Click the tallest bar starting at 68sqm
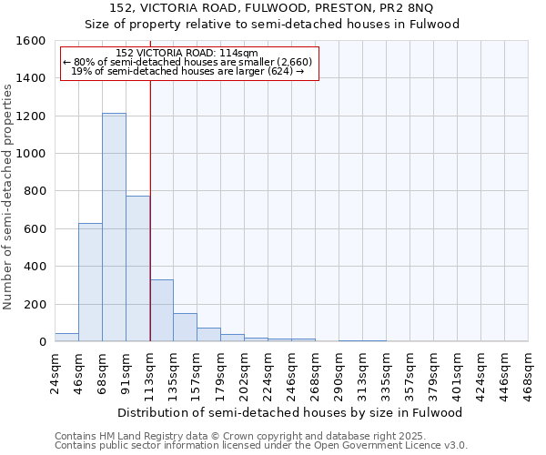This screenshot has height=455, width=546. point(114,227)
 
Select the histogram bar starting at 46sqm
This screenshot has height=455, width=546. point(90,282)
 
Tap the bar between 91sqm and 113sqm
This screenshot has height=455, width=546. point(137,268)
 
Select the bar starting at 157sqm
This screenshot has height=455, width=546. point(208,335)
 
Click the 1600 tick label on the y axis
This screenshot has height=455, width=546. point(31,41)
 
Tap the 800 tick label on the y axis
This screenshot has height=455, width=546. point(35,191)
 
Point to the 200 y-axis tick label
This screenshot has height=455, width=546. point(35,304)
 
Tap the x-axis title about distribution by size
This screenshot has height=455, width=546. point(291,412)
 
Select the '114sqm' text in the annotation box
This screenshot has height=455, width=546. point(239,53)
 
